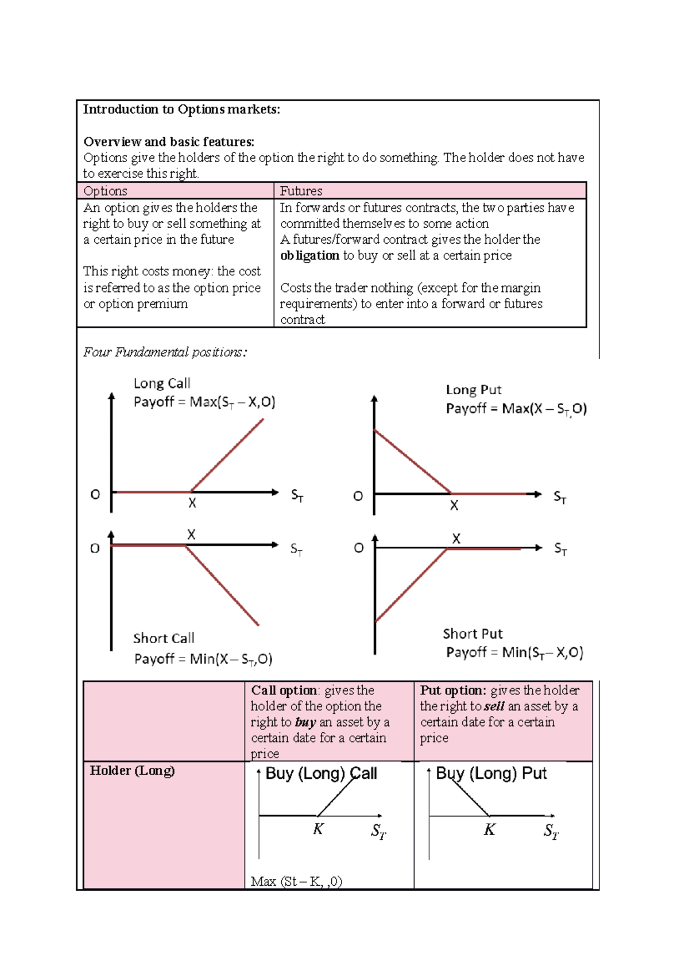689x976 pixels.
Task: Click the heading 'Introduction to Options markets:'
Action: [x=181, y=109]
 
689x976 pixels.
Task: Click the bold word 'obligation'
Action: [x=309, y=255]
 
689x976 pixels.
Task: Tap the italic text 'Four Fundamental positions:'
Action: [x=165, y=352]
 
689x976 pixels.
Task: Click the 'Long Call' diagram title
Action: [x=161, y=383]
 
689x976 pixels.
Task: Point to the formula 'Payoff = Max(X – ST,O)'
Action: [x=516, y=409]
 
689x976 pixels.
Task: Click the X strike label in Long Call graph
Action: [x=192, y=504]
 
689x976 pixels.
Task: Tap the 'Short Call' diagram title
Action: [x=164, y=638]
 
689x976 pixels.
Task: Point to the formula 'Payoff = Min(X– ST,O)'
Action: [x=203, y=659]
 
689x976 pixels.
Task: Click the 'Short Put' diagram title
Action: [x=473, y=633]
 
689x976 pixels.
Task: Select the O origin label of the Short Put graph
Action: [x=359, y=548]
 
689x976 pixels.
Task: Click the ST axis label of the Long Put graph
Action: [x=559, y=498]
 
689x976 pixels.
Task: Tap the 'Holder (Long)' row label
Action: [x=132, y=770]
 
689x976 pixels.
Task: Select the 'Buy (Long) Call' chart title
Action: [x=321, y=774]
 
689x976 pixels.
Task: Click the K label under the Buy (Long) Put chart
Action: [x=489, y=829]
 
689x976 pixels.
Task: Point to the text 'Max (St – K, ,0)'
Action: [x=296, y=881]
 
